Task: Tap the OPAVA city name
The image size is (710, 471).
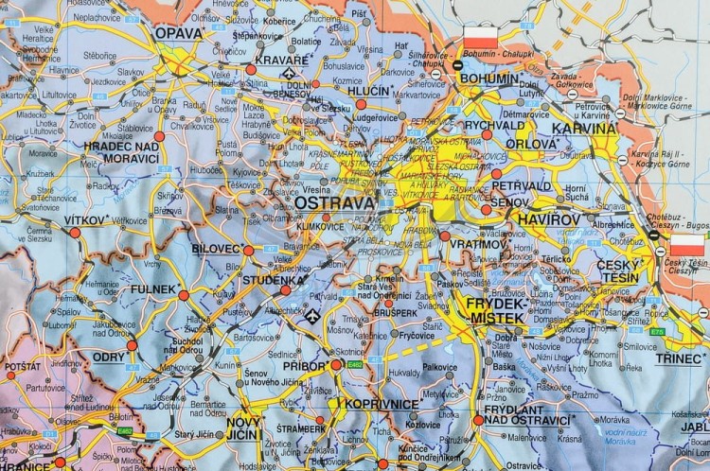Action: pyautogui.click(x=180, y=33)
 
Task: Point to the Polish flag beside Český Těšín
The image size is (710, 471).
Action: pyautogui.click(x=683, y=250)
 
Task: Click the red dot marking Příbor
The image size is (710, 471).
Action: pyautogui.click(x=336, y=363)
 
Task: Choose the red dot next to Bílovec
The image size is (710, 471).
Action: pyautogui.click(x=248, y=251)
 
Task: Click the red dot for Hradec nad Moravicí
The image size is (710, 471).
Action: pyautogui.click(x=159, y=137)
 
